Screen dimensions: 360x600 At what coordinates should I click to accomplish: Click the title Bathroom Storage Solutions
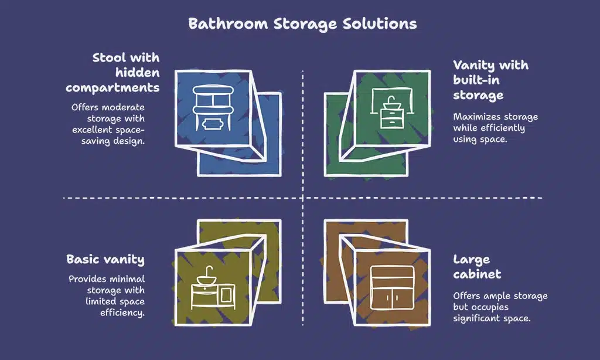(302, 24)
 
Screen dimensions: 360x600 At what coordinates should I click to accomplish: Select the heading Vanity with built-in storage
(490, 80)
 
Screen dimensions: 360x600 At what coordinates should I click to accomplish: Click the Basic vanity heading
(105, 259)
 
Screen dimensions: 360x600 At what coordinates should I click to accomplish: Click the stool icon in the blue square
(209, 108)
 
